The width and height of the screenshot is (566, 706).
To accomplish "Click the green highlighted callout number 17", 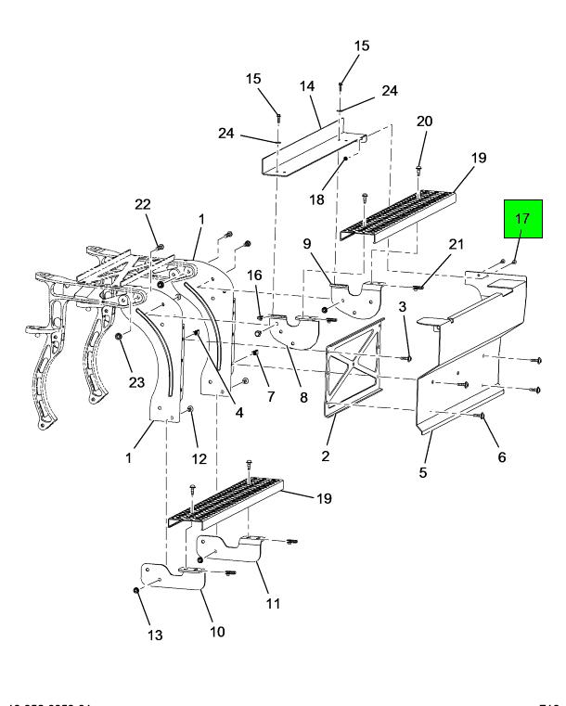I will (x=521, y=220).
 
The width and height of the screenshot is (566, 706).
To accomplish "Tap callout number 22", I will (x=143, y=205).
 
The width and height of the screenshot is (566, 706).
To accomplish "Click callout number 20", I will (x=424, y=121).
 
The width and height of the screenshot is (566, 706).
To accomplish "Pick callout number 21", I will (x=455, y=243).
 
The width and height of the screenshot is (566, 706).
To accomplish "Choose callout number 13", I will (x=154, y=635).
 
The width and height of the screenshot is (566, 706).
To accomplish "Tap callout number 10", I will (x=216, y=632).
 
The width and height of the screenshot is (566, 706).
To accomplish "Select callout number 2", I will (x=326, y=455).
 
